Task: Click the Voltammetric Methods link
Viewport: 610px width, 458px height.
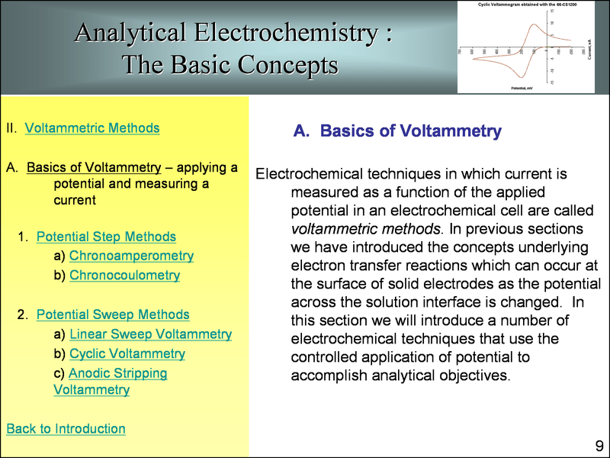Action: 92,127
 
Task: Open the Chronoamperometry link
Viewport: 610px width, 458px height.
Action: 131,256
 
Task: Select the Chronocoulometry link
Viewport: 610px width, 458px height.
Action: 124,275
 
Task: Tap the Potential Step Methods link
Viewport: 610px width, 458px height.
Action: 106,237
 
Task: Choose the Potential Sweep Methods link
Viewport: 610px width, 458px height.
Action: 113,314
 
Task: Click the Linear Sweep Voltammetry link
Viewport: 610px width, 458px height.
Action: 150,334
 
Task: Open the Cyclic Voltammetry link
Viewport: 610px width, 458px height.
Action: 127,354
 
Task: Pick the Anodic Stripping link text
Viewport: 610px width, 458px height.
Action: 117,373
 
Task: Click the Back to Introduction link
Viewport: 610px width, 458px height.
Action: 66,428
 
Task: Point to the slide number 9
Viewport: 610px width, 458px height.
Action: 599,446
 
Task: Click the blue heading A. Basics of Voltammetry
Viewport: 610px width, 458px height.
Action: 397,131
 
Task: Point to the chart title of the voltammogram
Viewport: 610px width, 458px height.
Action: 527,5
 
